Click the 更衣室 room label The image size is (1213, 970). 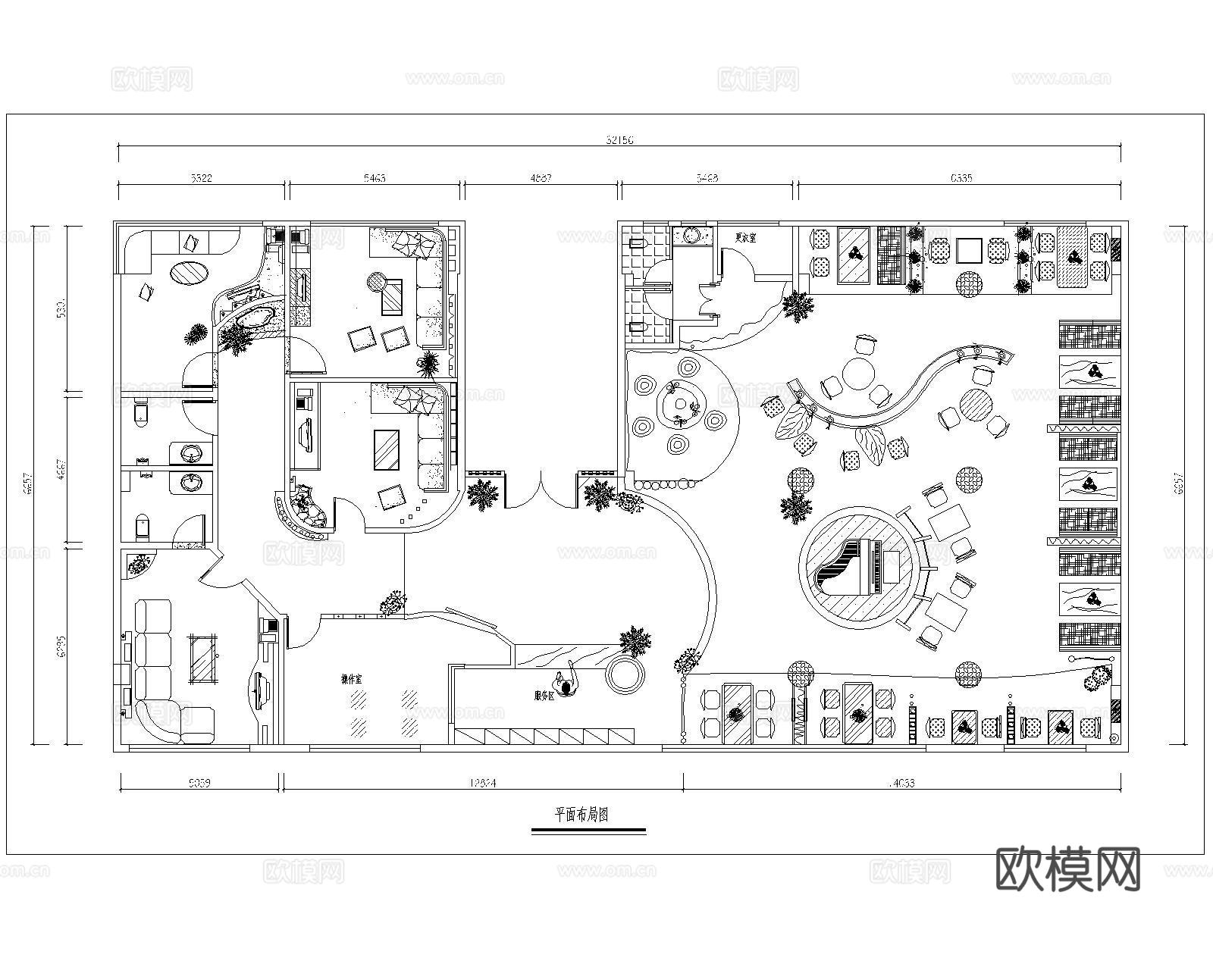pyautogui.click(x=745, y=237)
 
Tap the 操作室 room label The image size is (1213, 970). pyautogui.click(x=351, y=679)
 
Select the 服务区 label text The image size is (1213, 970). pyautogui.click(x=544, y=693)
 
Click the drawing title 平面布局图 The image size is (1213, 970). pyautogui.click(x=581, y=815)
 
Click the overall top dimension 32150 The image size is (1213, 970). pyautogui.click(x=619, y=139)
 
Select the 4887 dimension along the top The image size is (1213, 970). pyautogui.click(x=541, y=179)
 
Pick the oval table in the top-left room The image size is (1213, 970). pyautogui.click(x=188, y=272)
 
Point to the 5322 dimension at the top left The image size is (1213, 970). pyautogui.click(x=201, y=179)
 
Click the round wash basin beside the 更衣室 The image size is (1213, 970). pyautogui.click(x=691, y=235)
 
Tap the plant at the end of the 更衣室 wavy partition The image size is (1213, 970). pyautogui.click(x=798, y=306)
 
